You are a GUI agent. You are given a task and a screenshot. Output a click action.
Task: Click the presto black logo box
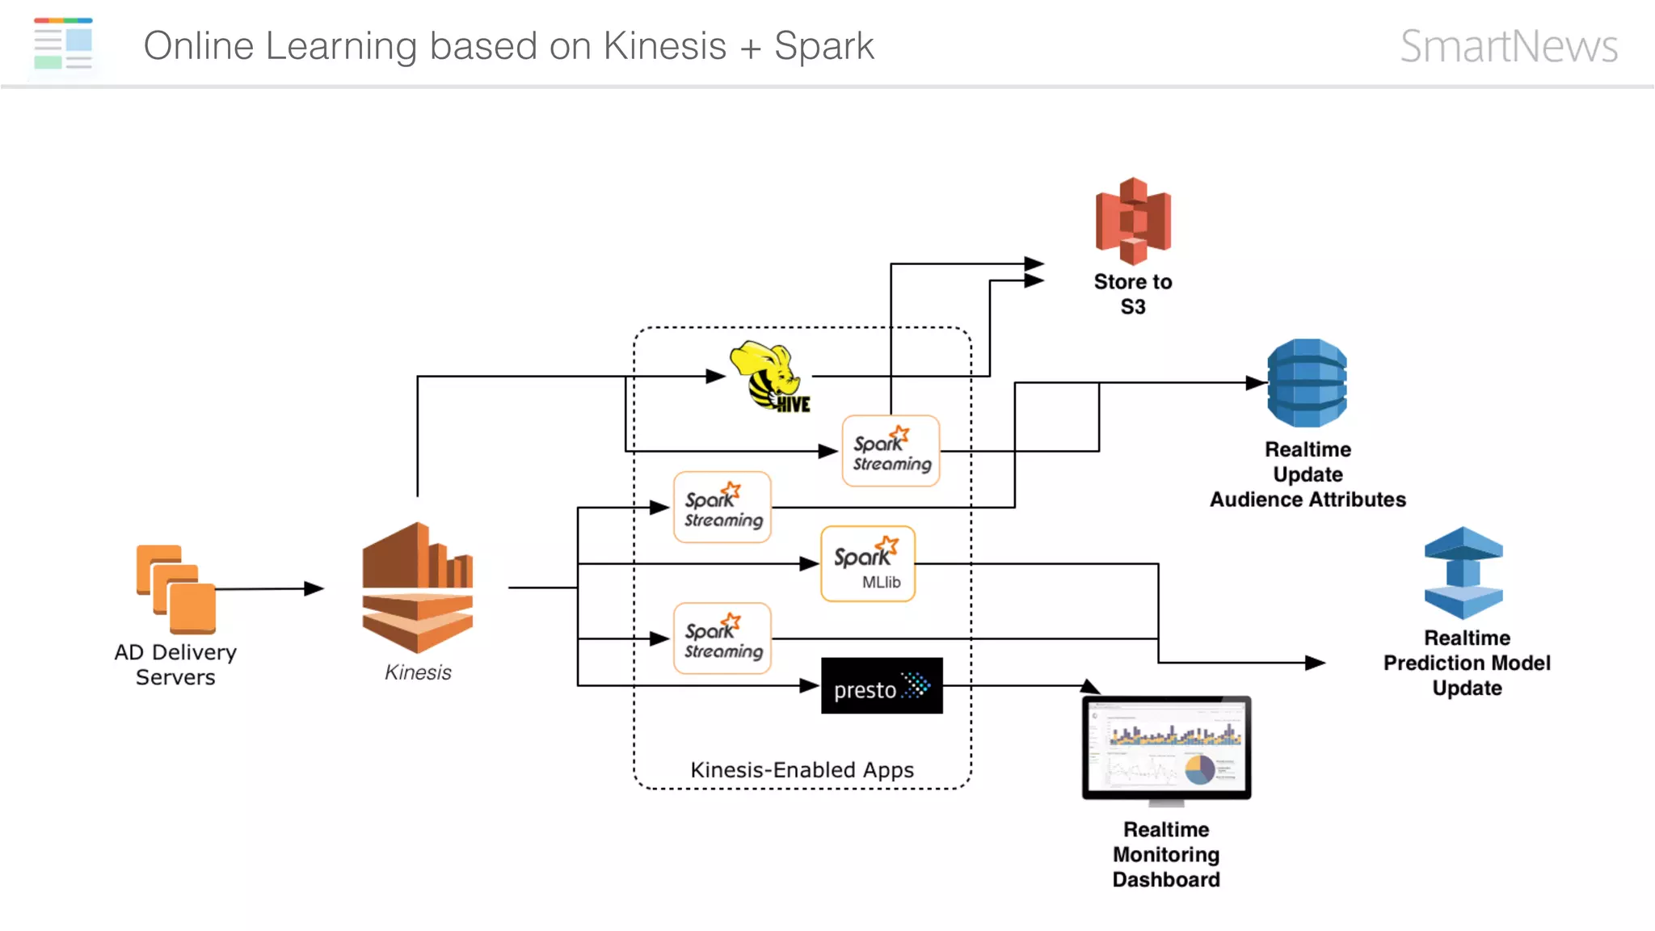[882, 686]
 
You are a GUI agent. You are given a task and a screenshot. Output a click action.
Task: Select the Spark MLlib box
[867, 564]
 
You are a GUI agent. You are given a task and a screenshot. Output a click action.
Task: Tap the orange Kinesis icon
[417, 588]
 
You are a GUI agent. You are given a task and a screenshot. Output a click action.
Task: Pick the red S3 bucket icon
[1133, 221]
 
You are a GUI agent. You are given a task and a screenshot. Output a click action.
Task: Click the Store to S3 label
[1132, 293]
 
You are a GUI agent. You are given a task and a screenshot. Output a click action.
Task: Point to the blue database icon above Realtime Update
[1307, 383]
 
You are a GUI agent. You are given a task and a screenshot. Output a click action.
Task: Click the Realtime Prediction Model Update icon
[1463, 573]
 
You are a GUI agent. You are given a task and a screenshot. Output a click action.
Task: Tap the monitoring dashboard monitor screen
[1166, 748]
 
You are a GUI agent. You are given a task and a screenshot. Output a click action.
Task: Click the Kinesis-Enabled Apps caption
[802, 769]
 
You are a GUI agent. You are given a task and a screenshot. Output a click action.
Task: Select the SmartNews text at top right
[1508, 46]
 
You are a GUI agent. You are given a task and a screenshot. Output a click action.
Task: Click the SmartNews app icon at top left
[64, 44]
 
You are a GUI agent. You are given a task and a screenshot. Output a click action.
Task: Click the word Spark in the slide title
[823, 46]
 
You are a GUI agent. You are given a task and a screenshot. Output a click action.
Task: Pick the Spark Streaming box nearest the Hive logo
[891, 451]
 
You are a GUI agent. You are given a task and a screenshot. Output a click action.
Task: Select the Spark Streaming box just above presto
[722, 638]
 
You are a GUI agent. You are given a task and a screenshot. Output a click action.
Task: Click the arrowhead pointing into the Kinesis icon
[314, 588]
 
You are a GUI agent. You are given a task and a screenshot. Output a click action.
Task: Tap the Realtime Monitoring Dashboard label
[1166, 854]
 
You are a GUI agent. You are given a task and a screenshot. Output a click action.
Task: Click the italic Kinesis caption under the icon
[418, 672]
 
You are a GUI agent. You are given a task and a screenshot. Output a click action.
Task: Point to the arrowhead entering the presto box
[809, 685]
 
